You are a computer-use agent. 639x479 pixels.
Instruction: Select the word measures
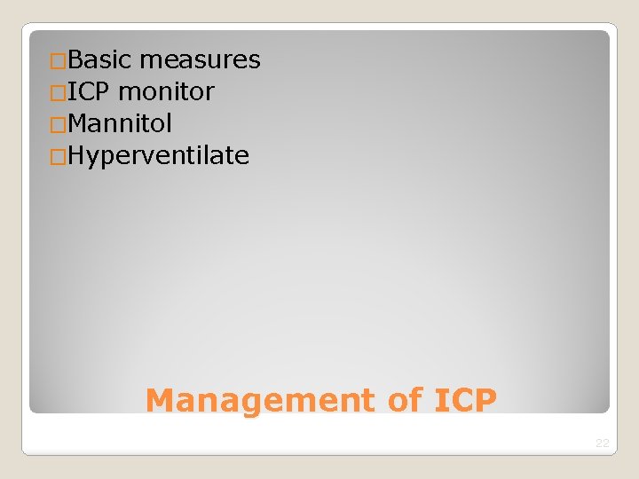[200, 60]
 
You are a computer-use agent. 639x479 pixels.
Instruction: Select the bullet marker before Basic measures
[59, 61]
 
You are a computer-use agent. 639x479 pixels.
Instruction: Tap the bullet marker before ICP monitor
[59, 92]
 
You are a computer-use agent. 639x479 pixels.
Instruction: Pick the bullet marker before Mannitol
[59, 124]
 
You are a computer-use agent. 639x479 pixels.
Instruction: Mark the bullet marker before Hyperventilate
[59, 157]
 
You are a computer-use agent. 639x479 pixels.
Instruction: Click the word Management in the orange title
[261, 401]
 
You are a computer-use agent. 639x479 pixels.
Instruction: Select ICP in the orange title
[465, 401]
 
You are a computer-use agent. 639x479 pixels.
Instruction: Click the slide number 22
[603, 443]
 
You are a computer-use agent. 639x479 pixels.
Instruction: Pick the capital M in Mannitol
[77, 123]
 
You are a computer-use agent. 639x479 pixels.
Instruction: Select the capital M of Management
[159, 401]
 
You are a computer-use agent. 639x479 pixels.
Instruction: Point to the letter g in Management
[248, 404]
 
